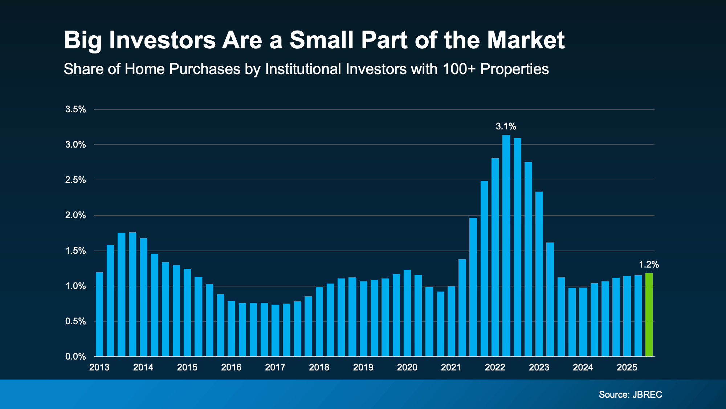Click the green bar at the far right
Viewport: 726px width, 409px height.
point(649,314)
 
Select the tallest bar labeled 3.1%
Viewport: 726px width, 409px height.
point(506,245)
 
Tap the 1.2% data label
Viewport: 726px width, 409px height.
point(649,265)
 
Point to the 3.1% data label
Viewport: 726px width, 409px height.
point(506,127)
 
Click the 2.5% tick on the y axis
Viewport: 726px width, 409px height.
point(76,180)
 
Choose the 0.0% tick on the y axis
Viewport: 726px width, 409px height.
point(76,357)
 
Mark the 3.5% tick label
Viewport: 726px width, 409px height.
point(76,109)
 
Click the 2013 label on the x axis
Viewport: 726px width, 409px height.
point(99,367)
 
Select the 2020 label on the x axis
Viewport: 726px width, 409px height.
point(407,367)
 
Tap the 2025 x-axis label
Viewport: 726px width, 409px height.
point(627,367)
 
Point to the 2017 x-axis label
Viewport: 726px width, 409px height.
point(275,367)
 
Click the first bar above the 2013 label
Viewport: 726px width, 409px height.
point(99,314)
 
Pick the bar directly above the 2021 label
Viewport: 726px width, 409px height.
point(451,321)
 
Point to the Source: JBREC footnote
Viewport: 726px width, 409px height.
point(630,394)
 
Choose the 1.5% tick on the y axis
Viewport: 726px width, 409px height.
point(76,251)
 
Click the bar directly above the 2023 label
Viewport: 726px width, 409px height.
point(539,274)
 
